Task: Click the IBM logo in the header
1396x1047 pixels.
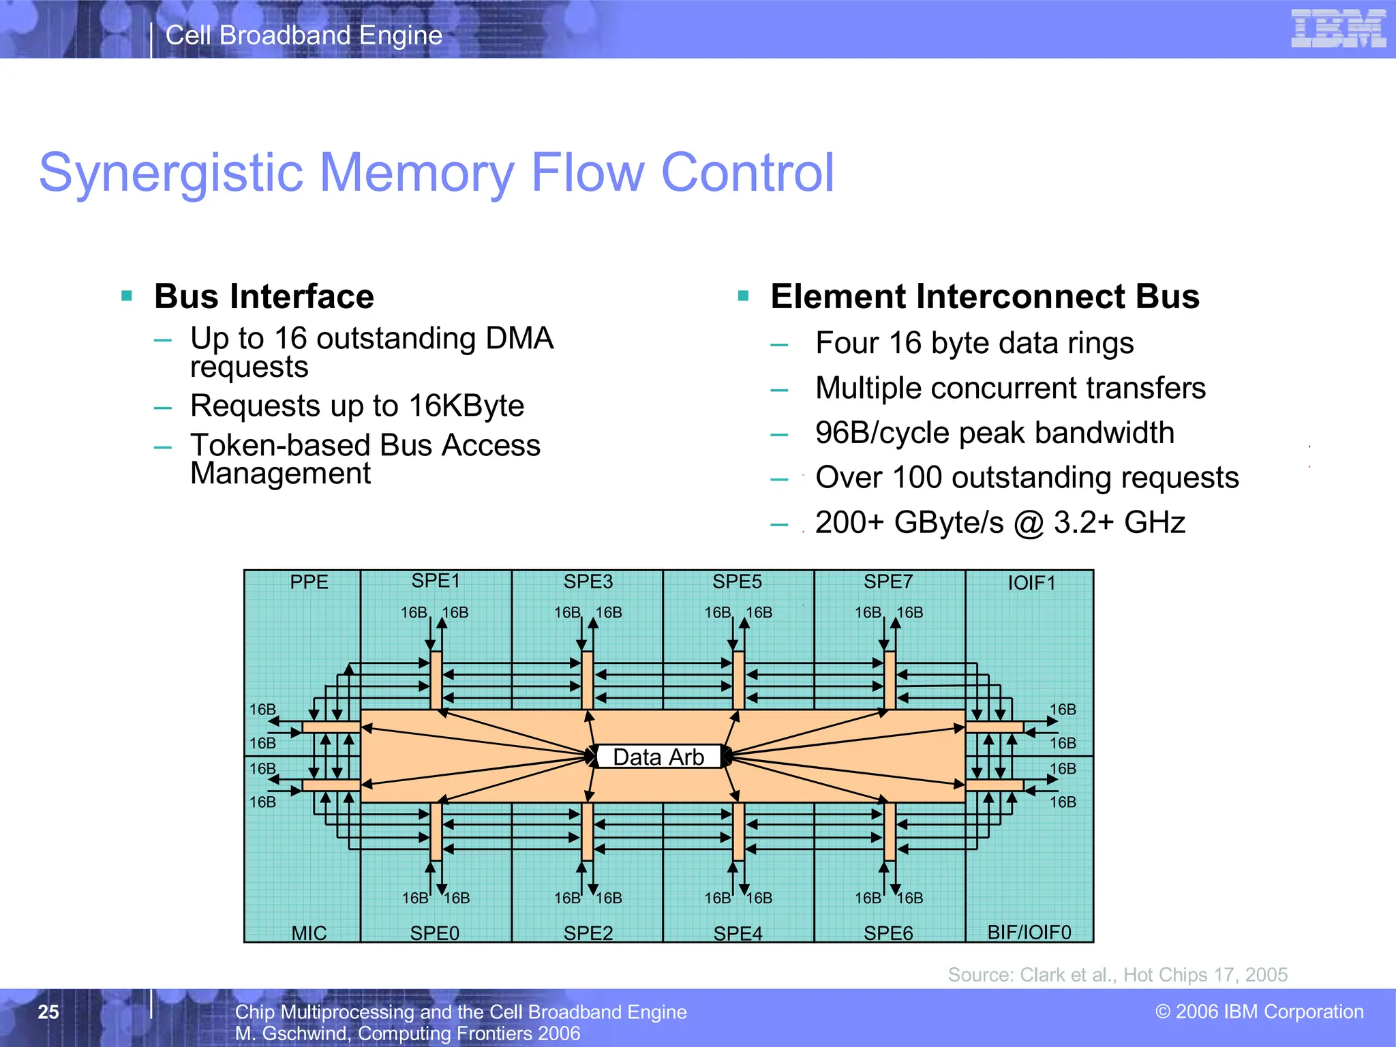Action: tap(1338, 29)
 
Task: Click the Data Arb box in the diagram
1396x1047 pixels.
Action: tap(658, 757)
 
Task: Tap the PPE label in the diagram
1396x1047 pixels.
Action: tap(309, 582)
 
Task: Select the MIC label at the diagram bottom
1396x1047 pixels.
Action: tap(309, 932)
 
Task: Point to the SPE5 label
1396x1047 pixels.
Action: tap(737, 581)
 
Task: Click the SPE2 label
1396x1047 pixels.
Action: tap(588, 932)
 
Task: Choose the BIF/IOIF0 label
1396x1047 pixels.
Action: tap(1029, 932)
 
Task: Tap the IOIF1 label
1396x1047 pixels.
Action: tap(1031, 583)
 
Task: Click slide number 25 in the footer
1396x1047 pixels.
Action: tap(48, 1012)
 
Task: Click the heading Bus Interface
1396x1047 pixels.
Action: tap(264, 297)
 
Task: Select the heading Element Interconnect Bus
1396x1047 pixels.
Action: tap(984, 297)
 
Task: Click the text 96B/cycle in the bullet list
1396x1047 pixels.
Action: tap(882, 433)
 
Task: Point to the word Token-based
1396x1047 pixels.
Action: tap(279, 445)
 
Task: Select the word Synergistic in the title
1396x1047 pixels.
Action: tap(170, 172)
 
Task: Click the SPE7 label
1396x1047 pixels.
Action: tap(887, 581)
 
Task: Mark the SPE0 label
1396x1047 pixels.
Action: tap(434, 932)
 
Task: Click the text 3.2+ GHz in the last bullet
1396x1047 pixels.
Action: tap(1119, 523)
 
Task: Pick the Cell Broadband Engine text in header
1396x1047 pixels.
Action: tap(304, 35)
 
